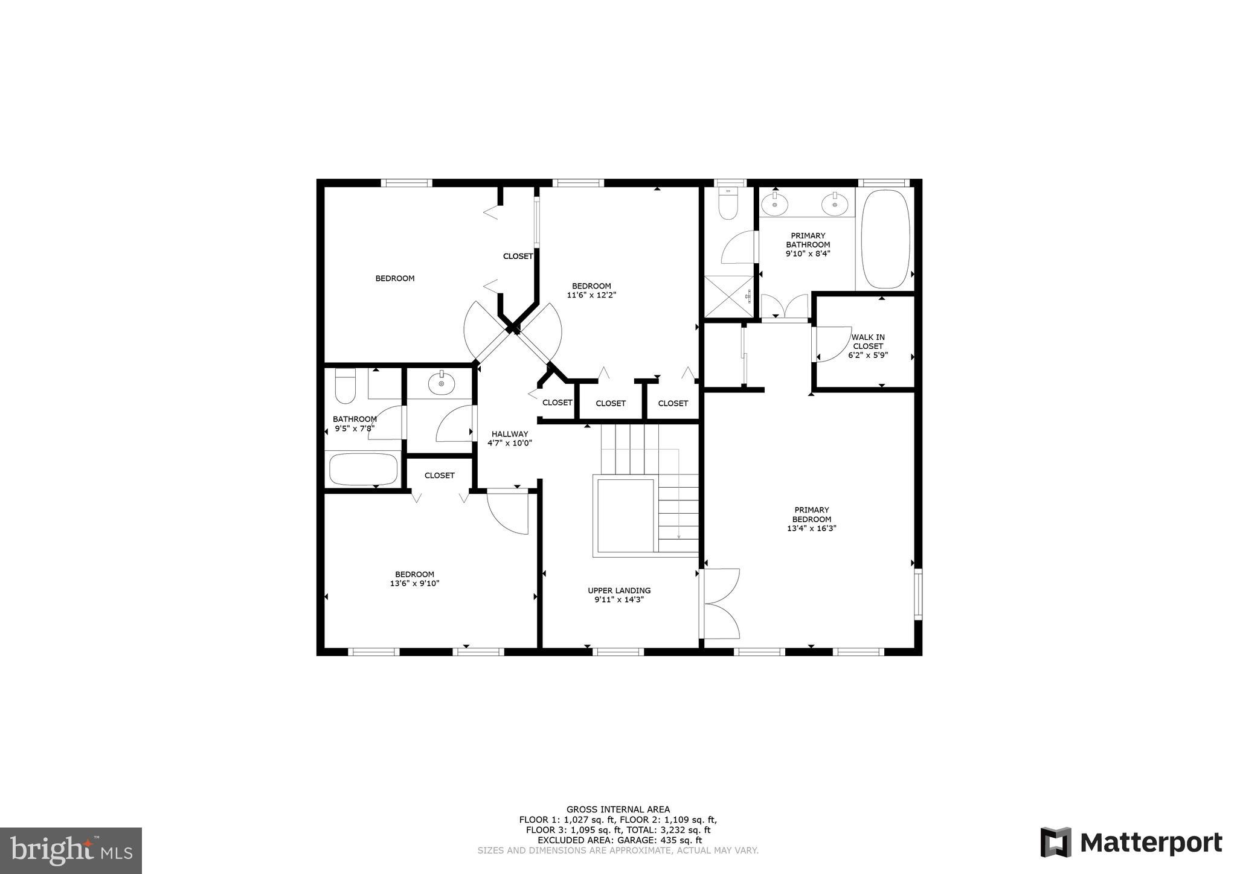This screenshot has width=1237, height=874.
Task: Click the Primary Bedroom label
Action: (811, 514)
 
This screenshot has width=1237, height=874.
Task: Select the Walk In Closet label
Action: (868, 342)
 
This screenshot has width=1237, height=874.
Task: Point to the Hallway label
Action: (509, 434)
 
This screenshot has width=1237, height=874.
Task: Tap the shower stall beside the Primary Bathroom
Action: (729, 296)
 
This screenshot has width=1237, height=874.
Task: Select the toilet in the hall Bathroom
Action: (345, 386)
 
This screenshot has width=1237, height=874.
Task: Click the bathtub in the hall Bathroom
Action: (363, 469)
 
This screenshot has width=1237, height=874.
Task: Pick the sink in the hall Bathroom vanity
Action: (442, 383)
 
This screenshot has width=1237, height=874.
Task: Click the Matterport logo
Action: (1130, 842)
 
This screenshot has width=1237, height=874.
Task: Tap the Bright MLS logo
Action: (71, 850)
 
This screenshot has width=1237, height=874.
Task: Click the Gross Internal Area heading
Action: (618, 809)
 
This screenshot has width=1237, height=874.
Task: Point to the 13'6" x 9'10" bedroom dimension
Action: (414, 584)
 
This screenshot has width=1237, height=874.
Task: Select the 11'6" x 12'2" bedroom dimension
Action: (591, 295)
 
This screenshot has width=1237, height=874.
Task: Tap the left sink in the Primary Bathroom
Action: (775, 205)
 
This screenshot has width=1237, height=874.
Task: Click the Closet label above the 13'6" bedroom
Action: (439, 476)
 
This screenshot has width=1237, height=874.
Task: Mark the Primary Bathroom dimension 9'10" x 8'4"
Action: (808, 254)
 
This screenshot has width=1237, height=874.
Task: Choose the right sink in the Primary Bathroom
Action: (835, 205)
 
